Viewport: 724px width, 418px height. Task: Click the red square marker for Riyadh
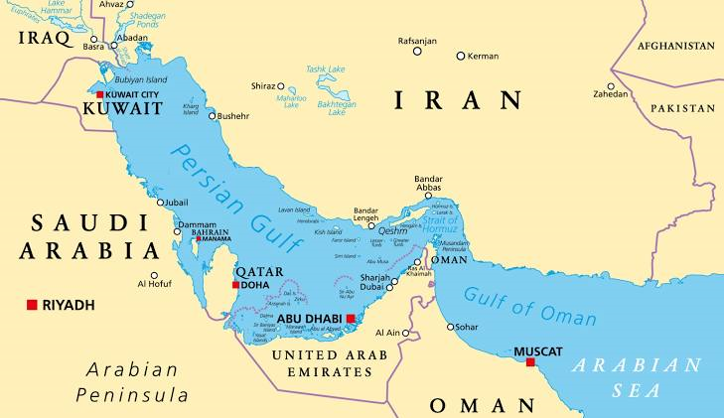click(32, 305)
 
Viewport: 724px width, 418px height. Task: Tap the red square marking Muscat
click(530, 362)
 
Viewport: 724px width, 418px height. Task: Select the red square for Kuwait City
click(99, 94)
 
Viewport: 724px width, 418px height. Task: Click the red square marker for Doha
click(235, 285)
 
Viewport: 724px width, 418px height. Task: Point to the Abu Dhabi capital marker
click(350, 319)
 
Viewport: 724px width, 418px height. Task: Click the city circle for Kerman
click(461, 56)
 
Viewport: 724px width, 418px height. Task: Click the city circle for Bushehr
click(212, 115)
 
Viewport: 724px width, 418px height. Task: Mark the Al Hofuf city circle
click(154, 276)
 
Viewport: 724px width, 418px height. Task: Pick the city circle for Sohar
click(450, 326)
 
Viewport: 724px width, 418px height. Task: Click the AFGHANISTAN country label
click(675, 46)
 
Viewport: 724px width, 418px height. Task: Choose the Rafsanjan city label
click(417, 40)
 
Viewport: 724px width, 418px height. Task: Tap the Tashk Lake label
click(325, 70)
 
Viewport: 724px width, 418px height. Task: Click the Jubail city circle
click(160, 203)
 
